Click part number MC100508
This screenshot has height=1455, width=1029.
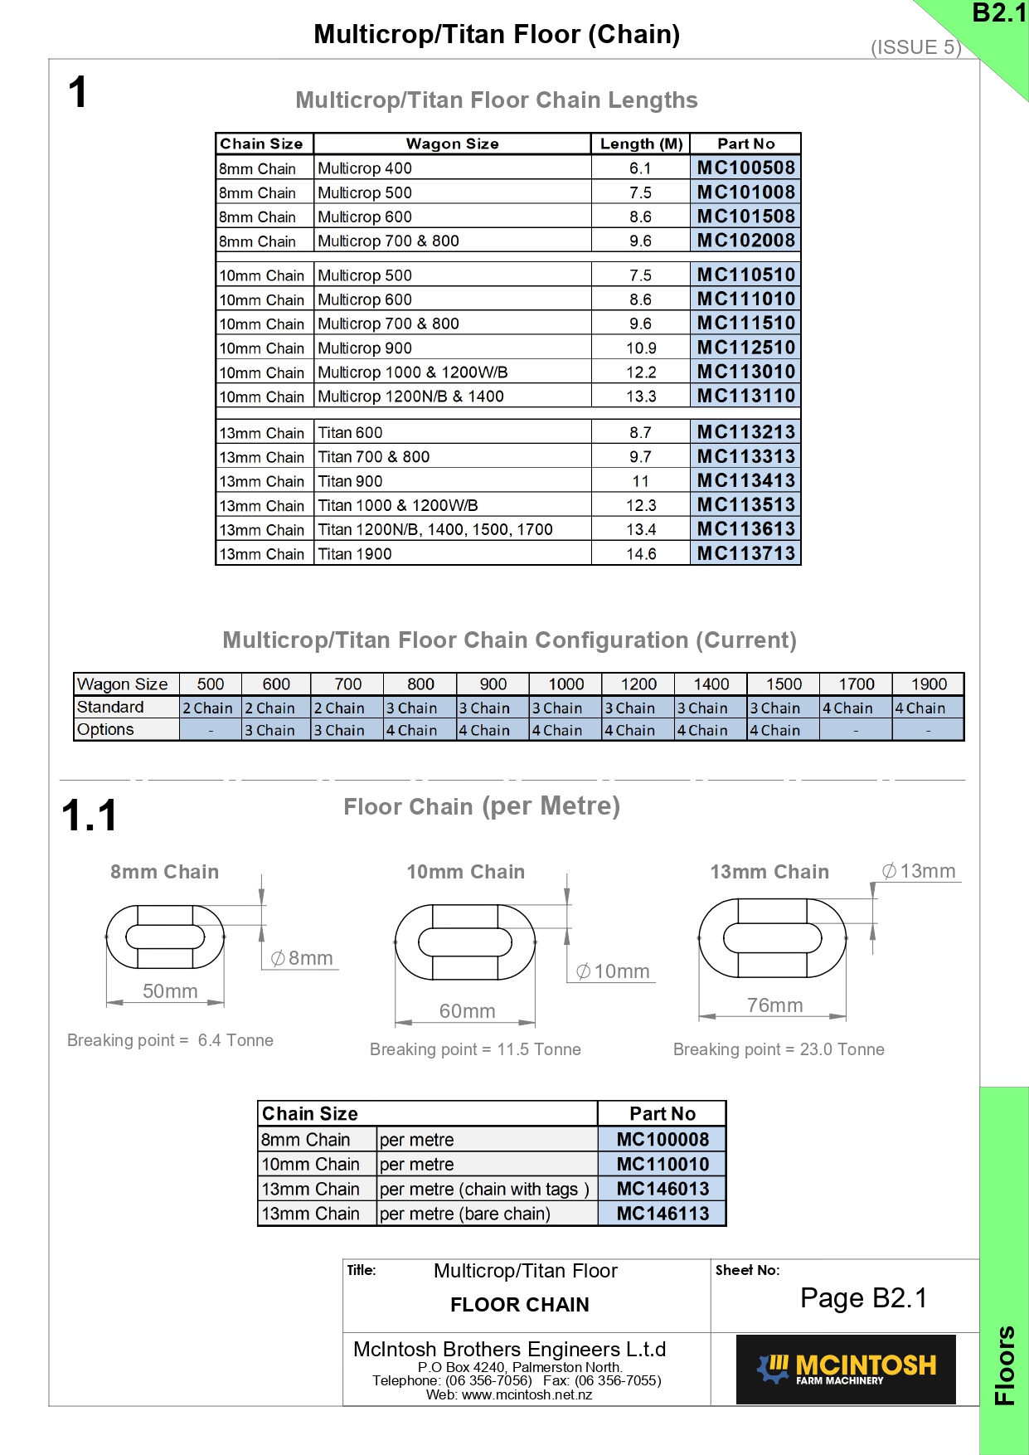(x=745, y=168)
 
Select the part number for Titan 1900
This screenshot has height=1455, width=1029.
(x=745, y=553)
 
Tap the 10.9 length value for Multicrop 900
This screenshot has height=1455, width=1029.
(x=641, y=348)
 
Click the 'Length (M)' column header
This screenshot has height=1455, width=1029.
(x=641, y=144)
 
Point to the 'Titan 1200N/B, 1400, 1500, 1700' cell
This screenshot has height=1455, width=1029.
(x=435, y=529)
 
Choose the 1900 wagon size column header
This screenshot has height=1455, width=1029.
(x=929, y=684)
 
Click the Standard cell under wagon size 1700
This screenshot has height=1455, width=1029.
(x=855, y=708)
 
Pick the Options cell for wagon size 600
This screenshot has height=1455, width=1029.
(x=276, y=730)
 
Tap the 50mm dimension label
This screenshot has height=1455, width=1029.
(x=170, y=991)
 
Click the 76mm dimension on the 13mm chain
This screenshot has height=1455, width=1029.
(x=774, y=1005)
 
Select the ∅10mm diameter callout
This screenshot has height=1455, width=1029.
(x=614, y=971)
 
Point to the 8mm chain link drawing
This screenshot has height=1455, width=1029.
(x=165, y=937)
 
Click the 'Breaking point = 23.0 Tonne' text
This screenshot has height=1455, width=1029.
(x=779, y=1049)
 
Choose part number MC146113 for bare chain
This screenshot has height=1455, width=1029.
(x=663, y=1214)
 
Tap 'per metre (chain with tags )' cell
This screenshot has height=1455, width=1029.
(x=484, y=1189)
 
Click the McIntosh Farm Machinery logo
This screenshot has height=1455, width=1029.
(x=846, y=1369)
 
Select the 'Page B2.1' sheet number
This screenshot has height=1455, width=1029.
(x=863, y=1298)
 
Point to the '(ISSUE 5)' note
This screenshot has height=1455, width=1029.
(x=915, y=47)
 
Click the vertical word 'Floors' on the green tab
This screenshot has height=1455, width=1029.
(x=1004, y=1365)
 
